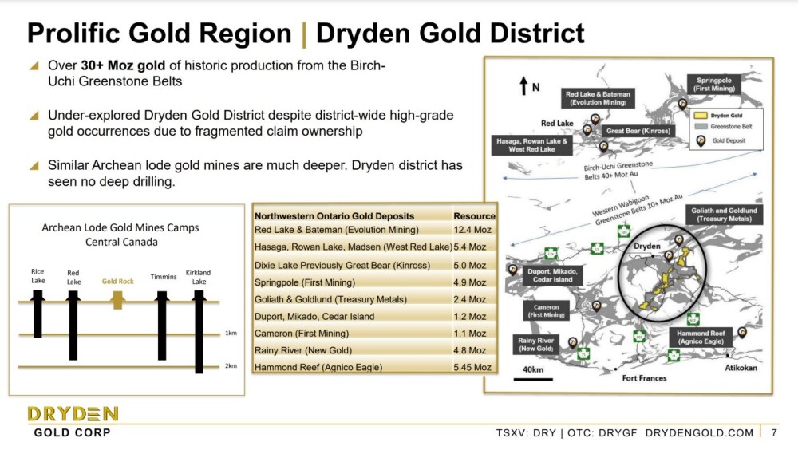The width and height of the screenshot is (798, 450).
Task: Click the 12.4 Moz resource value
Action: coord(472,230)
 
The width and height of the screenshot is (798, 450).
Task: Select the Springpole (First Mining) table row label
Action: coord(305,282)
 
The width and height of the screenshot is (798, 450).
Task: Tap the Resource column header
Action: coord(474,216)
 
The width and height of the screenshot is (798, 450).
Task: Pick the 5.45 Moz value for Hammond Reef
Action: coord(472,368)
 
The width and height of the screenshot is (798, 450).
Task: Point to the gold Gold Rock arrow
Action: coord(117,300)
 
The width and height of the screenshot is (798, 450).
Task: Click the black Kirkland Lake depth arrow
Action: coord(199,331)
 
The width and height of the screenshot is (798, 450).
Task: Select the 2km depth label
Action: coord(231,366)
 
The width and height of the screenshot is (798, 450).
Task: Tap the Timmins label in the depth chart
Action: coord(164,277)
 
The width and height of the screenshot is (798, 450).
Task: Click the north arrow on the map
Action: coord(523,85)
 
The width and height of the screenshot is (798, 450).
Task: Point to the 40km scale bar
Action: coord(533,379)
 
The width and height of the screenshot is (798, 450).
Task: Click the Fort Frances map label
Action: coord(644,378)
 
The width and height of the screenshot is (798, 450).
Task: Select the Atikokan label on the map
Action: coord(741,368)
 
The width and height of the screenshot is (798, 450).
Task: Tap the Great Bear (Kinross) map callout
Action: coord(638,131)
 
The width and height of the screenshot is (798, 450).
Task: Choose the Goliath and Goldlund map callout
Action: coord(724,215)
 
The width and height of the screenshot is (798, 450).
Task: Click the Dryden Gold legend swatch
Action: coord(701,116)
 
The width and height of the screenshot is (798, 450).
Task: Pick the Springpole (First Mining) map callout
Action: coord(714,85)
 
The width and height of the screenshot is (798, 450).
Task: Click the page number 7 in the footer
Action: coord(774,432)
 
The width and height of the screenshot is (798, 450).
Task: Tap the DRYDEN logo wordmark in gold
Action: coord(73,414)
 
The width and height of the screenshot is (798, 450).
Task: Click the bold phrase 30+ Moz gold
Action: coord(123,65)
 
